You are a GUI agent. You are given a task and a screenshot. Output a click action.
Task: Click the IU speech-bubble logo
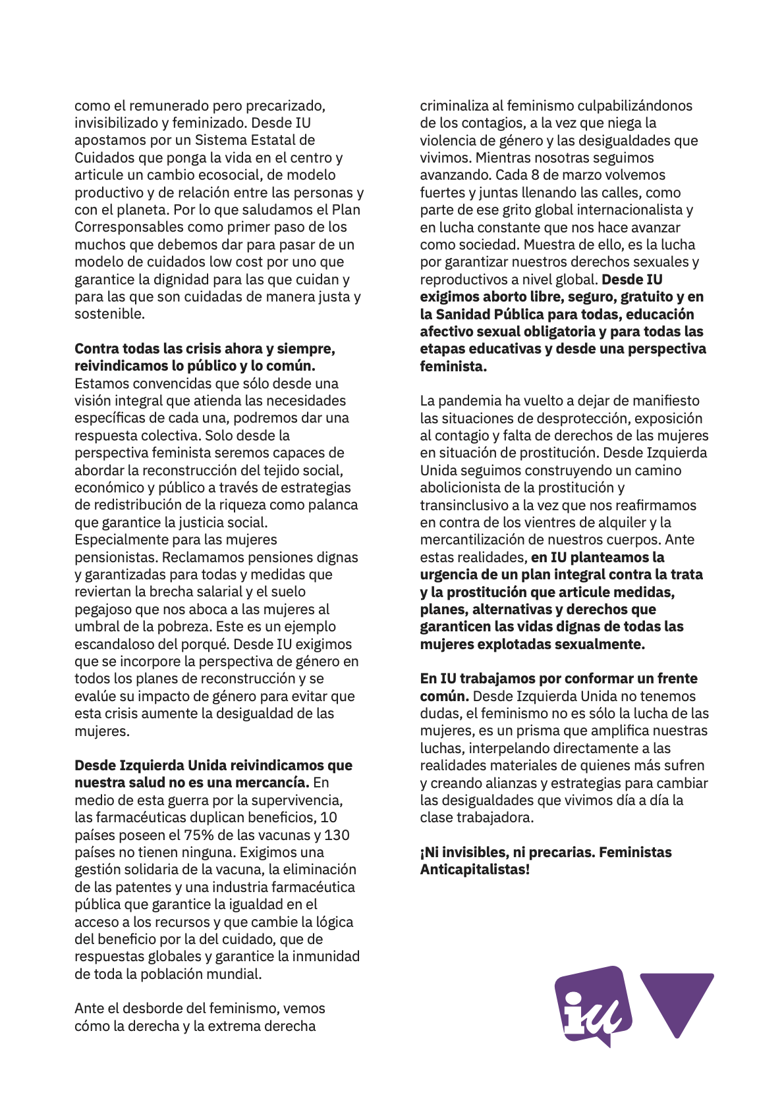(x=592, y=1005)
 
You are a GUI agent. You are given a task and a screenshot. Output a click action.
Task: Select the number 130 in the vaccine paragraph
(x=337, y=835)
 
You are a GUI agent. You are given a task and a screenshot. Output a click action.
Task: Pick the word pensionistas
(x=116, y=557)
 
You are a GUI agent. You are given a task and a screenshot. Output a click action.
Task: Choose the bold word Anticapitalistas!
(x=474, y=870)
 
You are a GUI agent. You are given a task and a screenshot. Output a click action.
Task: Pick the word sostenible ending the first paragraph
(x=109, y=314)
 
